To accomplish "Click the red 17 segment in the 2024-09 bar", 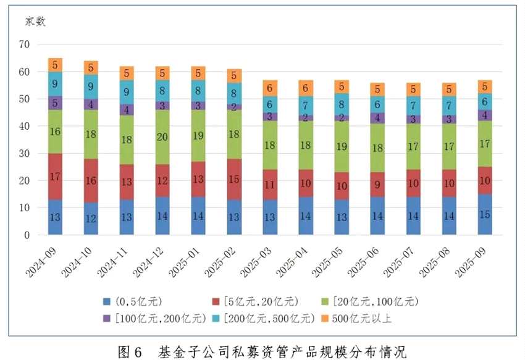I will click(x=56, y=177).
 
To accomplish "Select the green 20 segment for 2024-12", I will click(x=163, y=137).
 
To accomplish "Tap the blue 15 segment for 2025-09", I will click(x=485, y=215).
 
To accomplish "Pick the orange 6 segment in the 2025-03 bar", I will click(x=270, y=88).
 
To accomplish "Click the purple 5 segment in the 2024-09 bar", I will click(x=56, y=103).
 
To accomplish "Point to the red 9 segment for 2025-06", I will click(x=378, y=183).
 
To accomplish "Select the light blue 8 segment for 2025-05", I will click(x=342, y=104).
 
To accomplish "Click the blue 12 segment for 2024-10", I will click(x=91, y=219).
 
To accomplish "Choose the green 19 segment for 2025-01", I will click(x=198, y=136).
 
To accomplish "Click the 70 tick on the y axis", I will click(x=25, y=44).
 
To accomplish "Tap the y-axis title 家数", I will click(x=35, y=22).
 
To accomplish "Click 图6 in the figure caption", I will click(x=130, y=351).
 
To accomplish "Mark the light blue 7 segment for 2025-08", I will click(x=450, y=105).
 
